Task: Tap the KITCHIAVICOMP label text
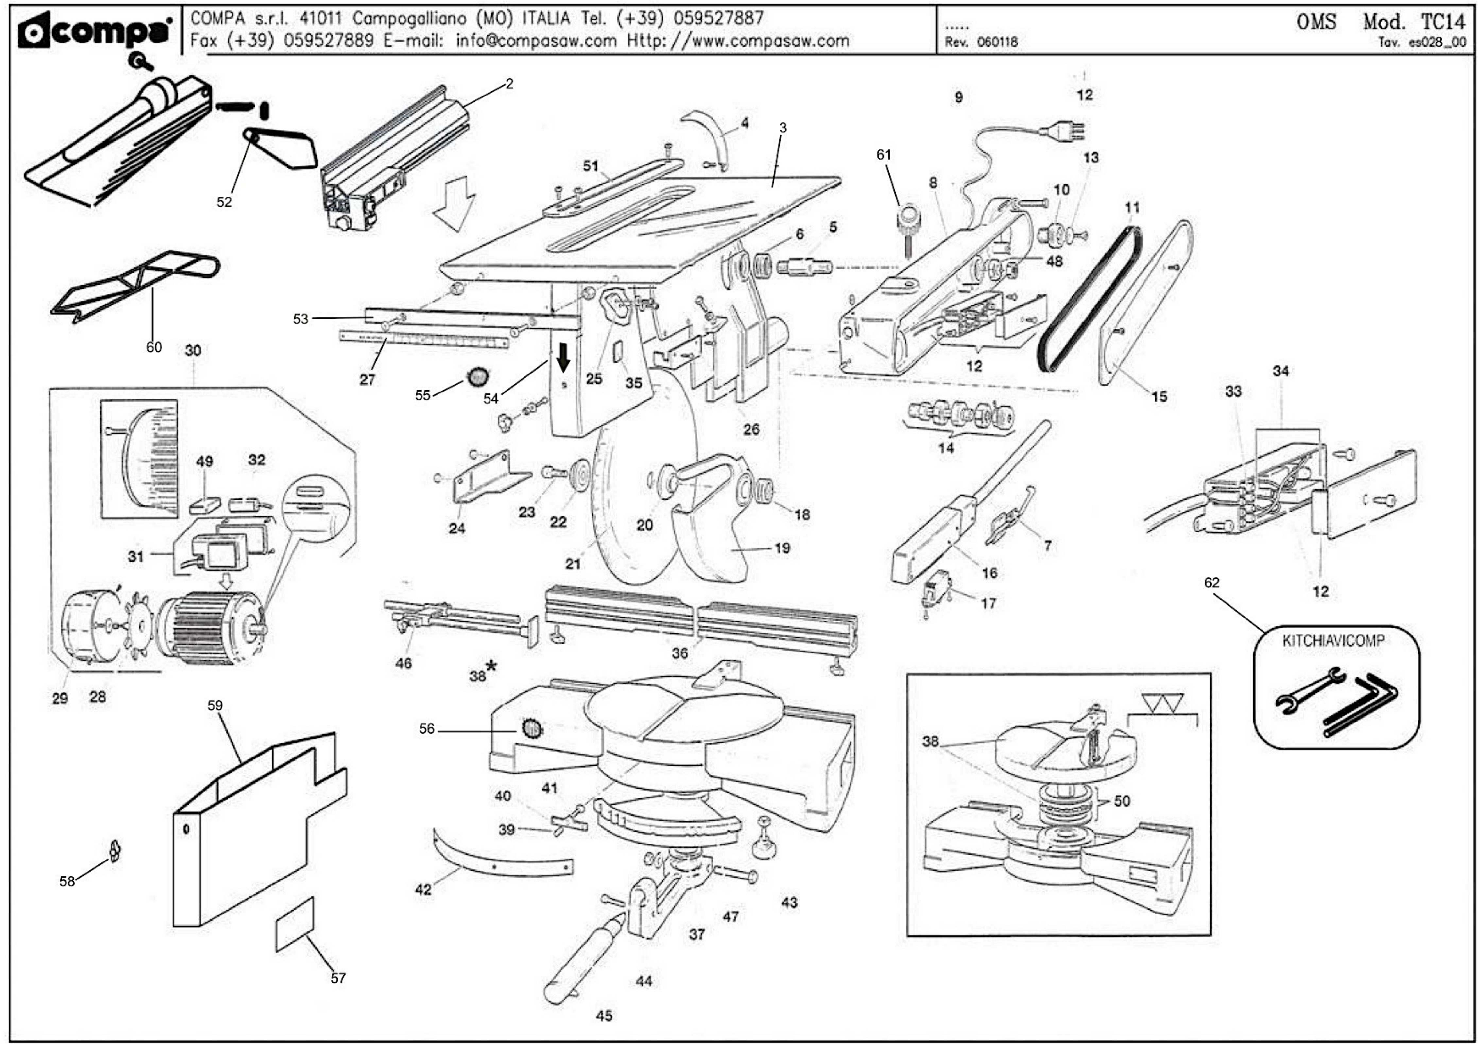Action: (x=1333, y=641)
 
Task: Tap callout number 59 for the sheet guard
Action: (x=215, y=705)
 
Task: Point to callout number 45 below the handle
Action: (x=604, y=1016)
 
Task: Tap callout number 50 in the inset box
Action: (x=1122, y=801)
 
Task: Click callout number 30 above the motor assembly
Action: (x=193, y=350)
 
